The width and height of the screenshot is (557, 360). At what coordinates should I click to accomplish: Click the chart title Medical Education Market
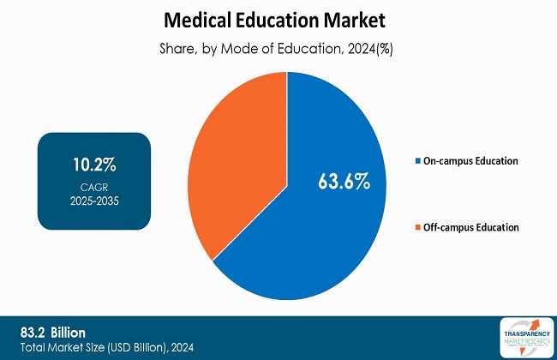[x=278, y=18]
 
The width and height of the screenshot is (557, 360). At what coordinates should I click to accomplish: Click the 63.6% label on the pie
[x=342, y=180]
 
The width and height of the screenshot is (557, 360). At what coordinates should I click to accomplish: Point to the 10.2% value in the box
[x=94, y=164]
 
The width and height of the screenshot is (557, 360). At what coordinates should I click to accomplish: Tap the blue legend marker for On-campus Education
[x=416, y=161]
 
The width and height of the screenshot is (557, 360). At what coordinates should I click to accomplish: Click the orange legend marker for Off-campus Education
[x=416, y=228]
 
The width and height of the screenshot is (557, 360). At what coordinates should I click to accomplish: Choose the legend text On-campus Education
[x=470, y=161]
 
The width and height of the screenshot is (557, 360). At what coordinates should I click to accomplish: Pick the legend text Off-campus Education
[x=470, y=228]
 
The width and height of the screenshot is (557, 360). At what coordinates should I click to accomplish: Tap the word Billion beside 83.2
[x=74, y=331]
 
